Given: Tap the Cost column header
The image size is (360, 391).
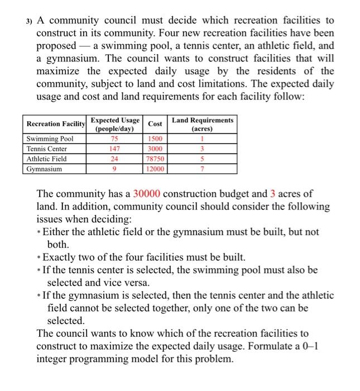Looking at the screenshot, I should point(156,123).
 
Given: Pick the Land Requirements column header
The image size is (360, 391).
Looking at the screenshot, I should point(203,124).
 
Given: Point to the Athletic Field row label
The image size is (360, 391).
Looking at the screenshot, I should point(47,159).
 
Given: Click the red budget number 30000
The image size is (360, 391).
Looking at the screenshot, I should point(147,194).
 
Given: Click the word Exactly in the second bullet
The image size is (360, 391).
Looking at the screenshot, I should point(61,258).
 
